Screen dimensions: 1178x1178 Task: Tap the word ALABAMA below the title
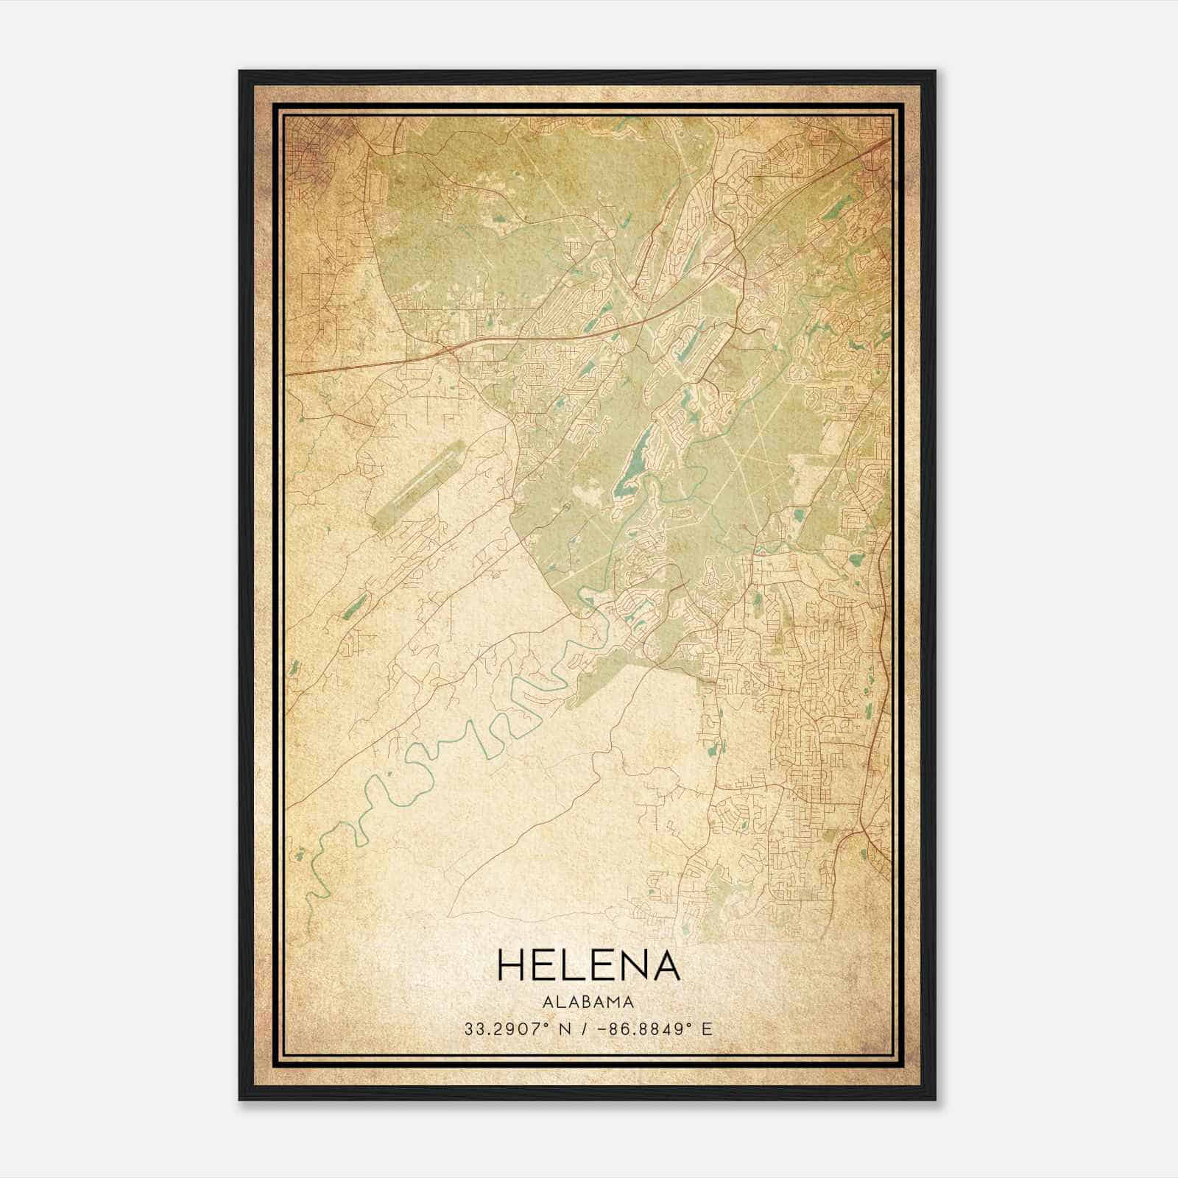(x=589, y=1002)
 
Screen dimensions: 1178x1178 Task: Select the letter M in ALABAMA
(x=613, y=1002)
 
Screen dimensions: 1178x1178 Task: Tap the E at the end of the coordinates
(x=708, y=1029)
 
